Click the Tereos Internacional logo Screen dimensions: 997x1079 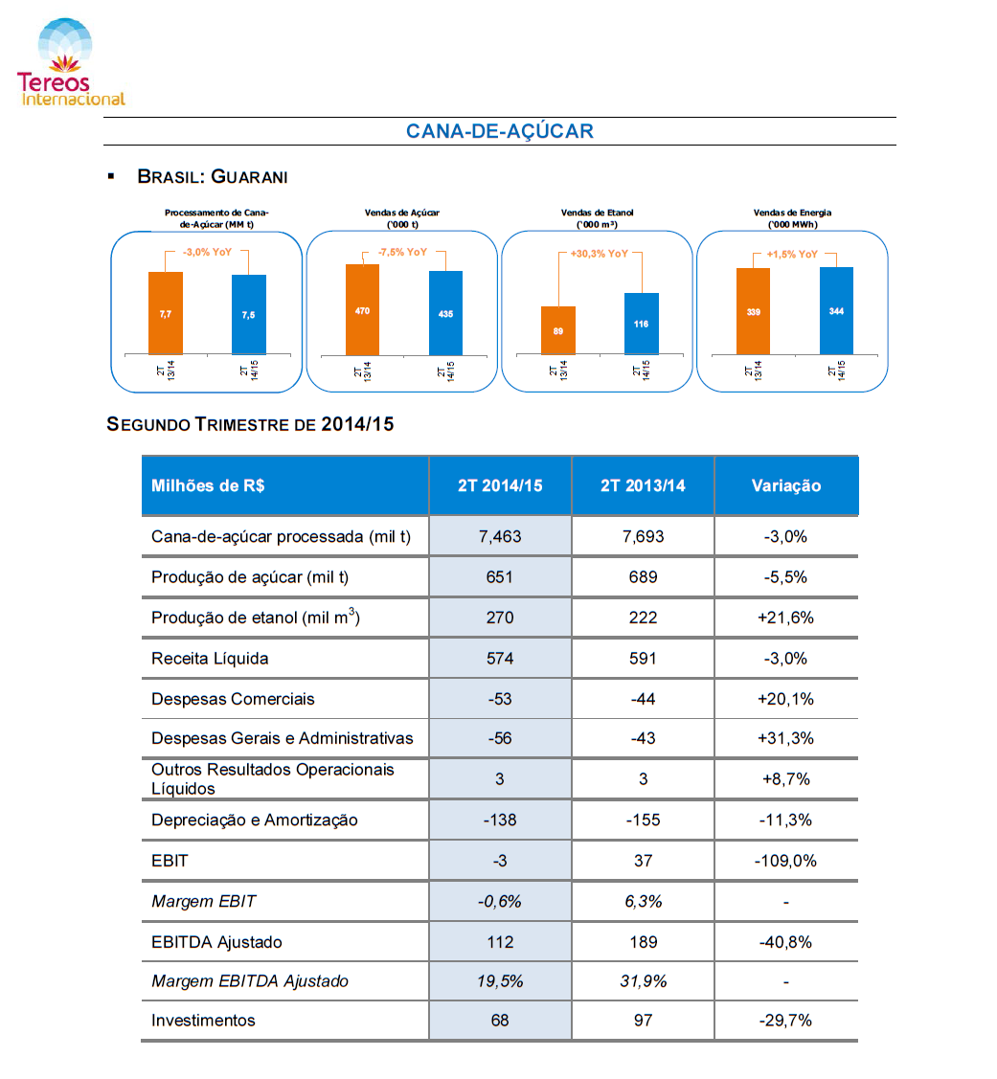click(x=70, y=62)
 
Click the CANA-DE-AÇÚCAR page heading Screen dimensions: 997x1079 click(x=499, y=131)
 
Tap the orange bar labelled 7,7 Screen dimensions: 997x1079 click(x=166, y=313)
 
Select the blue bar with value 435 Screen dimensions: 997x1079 click(x=445, y=313)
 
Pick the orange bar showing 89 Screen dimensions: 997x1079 click(x=557, y=330)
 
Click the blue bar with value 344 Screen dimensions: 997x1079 click(x=836, y=311)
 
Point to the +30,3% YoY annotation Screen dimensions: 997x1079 click(x=599, y=253)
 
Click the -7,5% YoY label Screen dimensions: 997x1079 click(x=403, y=252)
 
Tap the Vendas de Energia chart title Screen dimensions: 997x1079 click(x=792, y=218)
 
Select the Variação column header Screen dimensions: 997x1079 click(x=786, y=485)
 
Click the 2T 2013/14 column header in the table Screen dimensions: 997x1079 click(x=643, y=485)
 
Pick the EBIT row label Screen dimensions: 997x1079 click(x=170, y=861)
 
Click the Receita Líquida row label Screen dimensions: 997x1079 click(x=210, y=659)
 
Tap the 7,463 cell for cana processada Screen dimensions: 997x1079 click(x=500, y=537)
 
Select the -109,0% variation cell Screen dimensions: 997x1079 click(x=785, y=861)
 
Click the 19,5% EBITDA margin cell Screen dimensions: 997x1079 click(x=500, y=981)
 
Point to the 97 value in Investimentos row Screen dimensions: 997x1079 click(x=643, y=1021)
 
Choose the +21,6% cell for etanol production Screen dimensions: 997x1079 click(x=785, y=618)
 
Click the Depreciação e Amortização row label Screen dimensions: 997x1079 click(x=255, y=820)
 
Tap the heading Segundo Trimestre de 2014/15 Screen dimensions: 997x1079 click(x=250, y=424)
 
